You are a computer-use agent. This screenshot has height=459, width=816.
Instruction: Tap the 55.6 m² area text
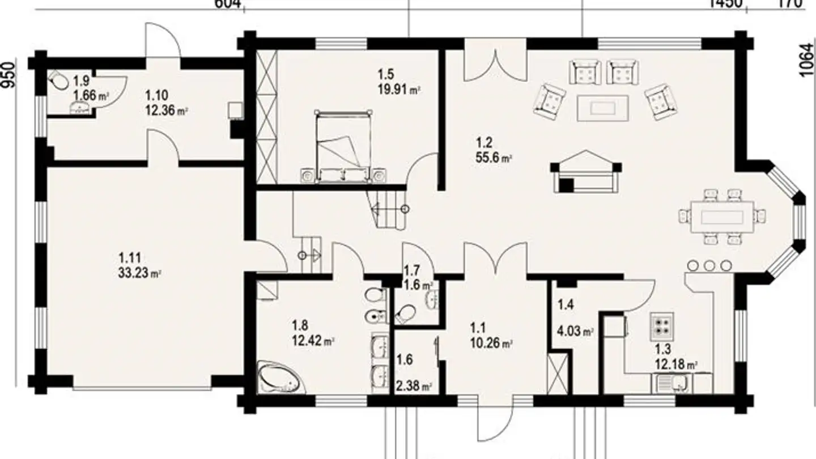(494, 158)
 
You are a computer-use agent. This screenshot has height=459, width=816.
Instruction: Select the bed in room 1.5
(342, 146)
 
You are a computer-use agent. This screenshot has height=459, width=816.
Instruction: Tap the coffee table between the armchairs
(602, 108)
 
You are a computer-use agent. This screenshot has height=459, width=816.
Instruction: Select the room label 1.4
(566, 305)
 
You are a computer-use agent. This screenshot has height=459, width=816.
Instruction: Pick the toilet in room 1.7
(405, 313)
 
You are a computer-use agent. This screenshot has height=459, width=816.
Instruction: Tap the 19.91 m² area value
(399, 88)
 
